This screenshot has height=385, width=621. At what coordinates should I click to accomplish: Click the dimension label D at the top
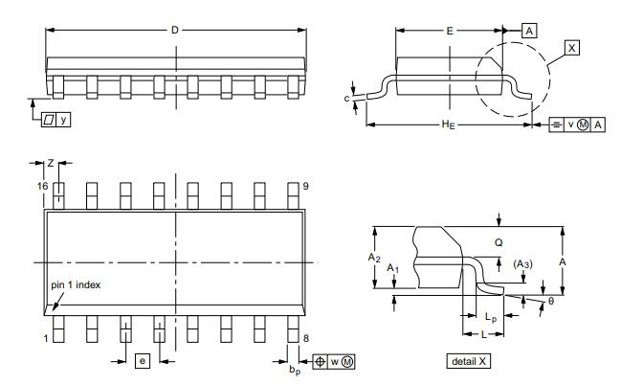175,31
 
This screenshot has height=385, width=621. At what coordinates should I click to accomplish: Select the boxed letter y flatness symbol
64,120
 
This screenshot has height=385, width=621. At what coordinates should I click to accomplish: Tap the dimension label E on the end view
450,31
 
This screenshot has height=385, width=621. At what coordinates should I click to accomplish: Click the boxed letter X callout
571,47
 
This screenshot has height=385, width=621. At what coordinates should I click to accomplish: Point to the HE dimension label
446,125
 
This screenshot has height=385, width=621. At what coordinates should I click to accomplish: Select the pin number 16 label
41,185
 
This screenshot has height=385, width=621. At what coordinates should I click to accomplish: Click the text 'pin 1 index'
76,284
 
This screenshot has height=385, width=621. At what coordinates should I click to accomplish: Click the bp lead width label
296,368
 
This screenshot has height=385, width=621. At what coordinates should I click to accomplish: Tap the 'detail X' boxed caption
470,362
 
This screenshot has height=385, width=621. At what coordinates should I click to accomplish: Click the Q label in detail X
499,243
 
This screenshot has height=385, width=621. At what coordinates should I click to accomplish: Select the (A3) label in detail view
523,263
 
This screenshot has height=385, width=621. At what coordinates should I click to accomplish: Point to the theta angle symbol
550,301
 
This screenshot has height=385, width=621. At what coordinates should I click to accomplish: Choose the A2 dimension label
376,258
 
